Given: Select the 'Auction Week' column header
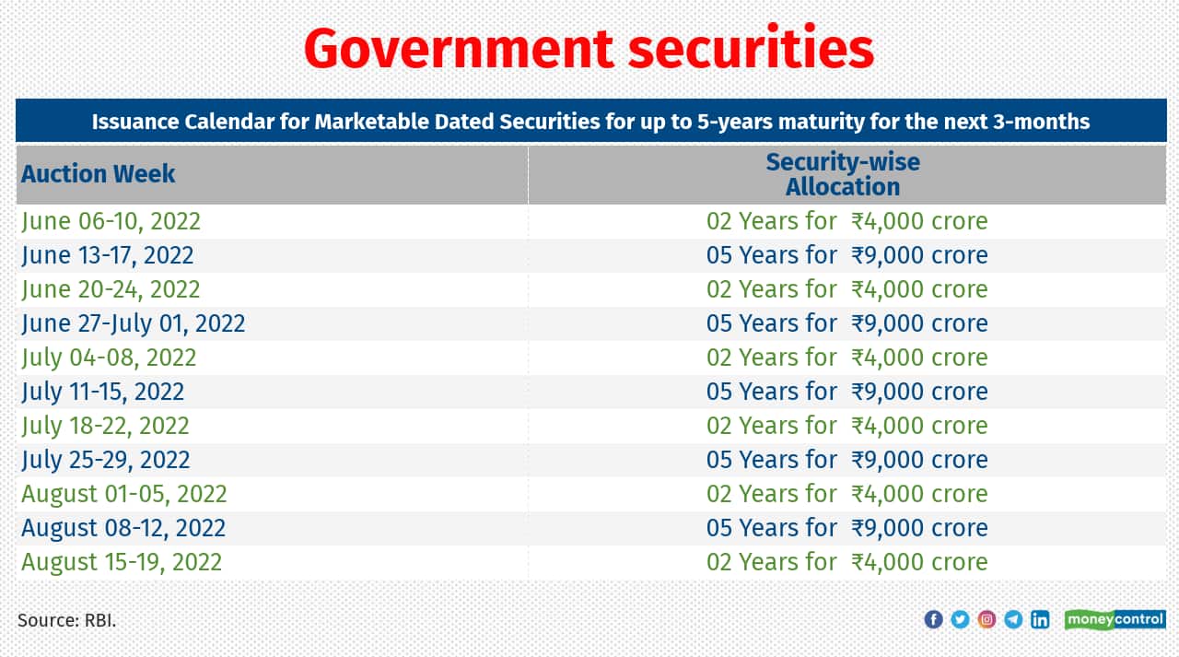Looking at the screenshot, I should coord(98,173).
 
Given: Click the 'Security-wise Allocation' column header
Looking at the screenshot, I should coord(842,174).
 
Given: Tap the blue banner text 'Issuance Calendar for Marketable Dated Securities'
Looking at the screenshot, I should coord(590,122).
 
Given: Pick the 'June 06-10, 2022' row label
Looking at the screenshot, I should coord(111,221).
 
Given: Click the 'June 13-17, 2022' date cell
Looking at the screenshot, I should coord(108,255).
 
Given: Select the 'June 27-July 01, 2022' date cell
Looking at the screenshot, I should coord(134,323).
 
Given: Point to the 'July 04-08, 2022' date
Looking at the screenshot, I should coord(109,358).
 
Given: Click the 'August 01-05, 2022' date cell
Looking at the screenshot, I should coord(123,494).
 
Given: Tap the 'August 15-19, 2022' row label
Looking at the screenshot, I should coord(122,562).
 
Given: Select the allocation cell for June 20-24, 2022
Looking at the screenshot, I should coord(846,289).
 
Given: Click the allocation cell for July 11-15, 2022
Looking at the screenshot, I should coord(846,392).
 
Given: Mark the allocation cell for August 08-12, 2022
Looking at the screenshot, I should coord(846,528).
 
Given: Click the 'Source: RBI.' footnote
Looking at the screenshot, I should coord(67,620).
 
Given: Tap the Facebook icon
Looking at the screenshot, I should coord(933,619).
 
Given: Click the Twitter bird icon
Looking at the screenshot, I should coord(960,619).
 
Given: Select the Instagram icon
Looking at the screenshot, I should coord(986,619).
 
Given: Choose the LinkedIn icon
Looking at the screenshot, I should coord(1040,619).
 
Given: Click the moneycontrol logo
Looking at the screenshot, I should coord(1115,619).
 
